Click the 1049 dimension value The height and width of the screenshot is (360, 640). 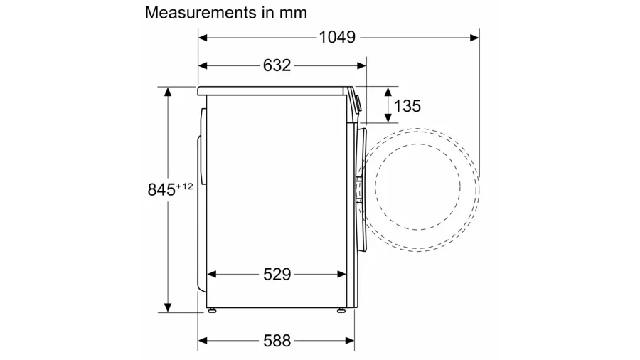pyautogui.click(x=337, y=38)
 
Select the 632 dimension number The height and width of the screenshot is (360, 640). pyautogui.click(x=277, y=65)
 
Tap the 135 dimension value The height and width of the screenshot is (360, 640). pyautogui.click(x=407, y=106)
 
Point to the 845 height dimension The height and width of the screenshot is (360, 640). pyautogui.click(x=161, y=190)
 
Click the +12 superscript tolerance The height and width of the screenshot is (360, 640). pyautogui.click(x=184, y=186)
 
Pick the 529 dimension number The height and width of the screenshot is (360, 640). pyautogui.click(x=277, y=275)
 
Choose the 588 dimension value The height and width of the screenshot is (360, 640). pyautogui.click(x=277, y=340)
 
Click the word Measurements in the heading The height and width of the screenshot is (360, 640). pyautogui.click(x=201, y=13)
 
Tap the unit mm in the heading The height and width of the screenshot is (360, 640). pyautogui.click(x=293, y=13)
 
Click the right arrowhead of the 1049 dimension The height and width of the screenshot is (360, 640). pyautogui.click(x=475, y=38)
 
